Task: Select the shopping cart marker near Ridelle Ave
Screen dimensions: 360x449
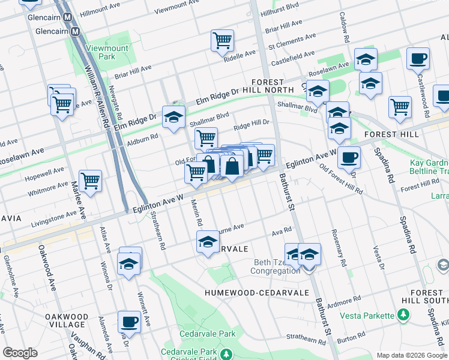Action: [222, 41]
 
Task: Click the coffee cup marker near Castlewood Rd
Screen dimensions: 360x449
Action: [418, 59]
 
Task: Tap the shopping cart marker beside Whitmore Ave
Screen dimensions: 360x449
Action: [90, 180]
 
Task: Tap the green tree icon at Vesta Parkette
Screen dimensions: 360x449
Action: [404, 314]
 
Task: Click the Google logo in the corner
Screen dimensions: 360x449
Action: [20, 352]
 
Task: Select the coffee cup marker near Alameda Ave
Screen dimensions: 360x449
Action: [129, 322]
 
